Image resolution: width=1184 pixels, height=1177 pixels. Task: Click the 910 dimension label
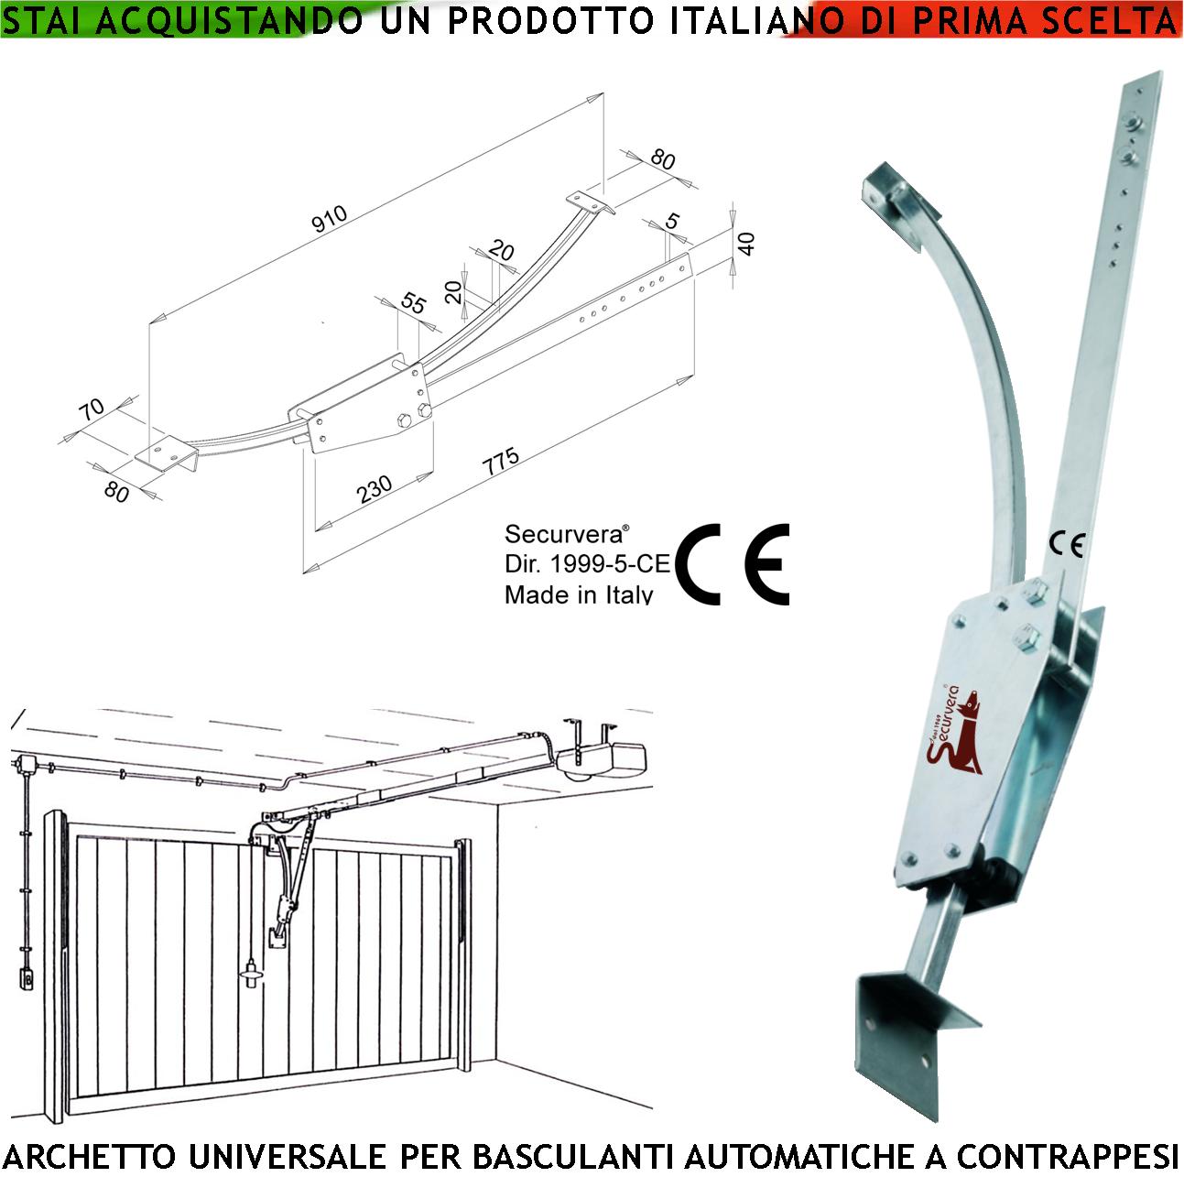(x=330, y=219)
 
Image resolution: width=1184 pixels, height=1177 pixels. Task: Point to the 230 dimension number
(x=375, y=488)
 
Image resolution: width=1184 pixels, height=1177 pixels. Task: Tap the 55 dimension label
(x=414, y=303)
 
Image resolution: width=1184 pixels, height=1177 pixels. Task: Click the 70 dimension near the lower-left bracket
(x=92, y=409)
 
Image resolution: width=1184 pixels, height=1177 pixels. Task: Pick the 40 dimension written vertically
(x=746, y=244)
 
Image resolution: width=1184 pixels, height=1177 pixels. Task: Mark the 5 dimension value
(x=673, y=222)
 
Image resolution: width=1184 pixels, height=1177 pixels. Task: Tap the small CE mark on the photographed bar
(x=1067, y=545)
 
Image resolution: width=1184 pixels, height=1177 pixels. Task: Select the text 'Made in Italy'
(x=579, y=594)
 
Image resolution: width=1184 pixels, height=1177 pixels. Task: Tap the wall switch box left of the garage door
(x=26, y=979)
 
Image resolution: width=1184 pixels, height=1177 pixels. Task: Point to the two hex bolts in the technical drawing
(x=413, y=416)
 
